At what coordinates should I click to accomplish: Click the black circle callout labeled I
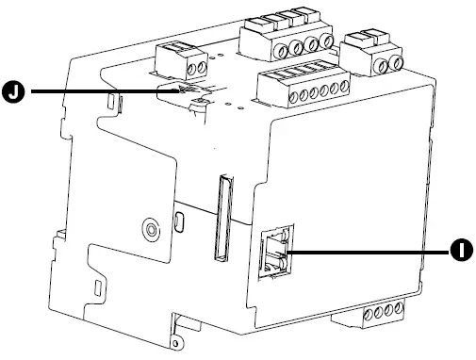point(459,250)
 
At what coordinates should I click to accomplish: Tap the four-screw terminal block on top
point(288,40)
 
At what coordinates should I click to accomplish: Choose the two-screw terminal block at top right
point(374,55)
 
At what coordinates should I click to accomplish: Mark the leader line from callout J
point(104,91)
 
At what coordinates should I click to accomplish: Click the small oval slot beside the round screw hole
point(179,221)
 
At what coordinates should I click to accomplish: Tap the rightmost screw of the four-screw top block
point(326,42)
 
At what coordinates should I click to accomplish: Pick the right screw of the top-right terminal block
point(398,62)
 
